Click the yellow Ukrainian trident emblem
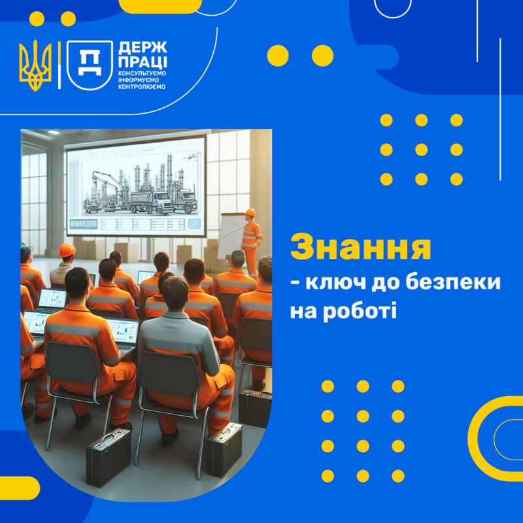tap(35, 65)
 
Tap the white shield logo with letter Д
tap(90, 65)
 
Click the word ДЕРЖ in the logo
tap(143, 48)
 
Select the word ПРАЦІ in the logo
tap(143, 62)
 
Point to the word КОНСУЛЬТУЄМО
tap(142, 73)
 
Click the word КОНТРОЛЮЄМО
tap(142, 87)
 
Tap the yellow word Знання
tap(361, 248)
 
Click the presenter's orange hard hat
tap(250, 212)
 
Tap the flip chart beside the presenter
tap(232, 236)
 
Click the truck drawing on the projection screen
tap(151, 202)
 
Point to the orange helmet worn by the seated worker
tap(67, 250)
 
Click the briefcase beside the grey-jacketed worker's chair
tap(224, 450)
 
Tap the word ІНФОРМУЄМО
tap(139, 80)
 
